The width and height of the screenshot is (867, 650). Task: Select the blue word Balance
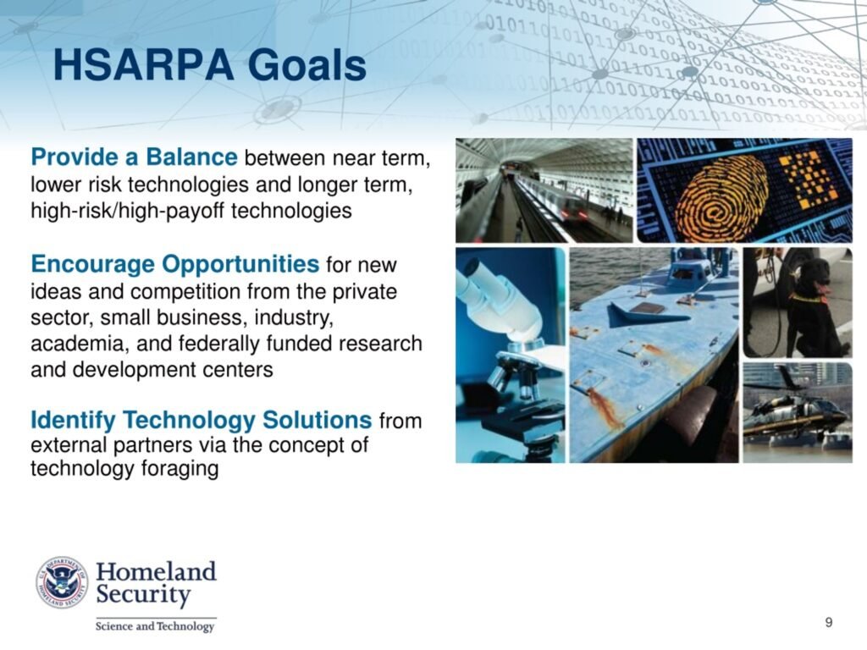tap(191, 157)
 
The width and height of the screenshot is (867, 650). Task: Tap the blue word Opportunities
tap(240, 264)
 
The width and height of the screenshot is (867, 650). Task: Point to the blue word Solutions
tap(317, 420)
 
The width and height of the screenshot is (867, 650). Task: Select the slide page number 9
tap(828, 622)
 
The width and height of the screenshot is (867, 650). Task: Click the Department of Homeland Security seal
tap(62, 582)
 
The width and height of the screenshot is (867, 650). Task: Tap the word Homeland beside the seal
tap(156, 571)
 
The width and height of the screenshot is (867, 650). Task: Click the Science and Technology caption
tap(155, 626)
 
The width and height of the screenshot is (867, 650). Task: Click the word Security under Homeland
tap(144, 595)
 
